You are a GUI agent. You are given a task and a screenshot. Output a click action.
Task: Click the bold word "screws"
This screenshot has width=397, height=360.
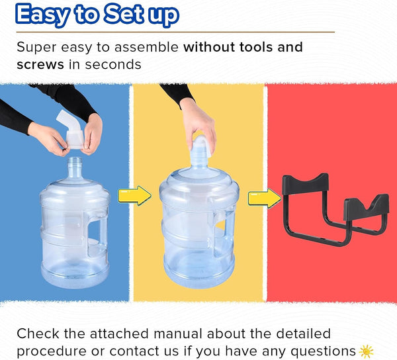pyautogui.click(x=40, y=65)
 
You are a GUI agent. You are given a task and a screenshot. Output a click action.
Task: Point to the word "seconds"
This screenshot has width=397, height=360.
pyautogui.click(x=113, y=65)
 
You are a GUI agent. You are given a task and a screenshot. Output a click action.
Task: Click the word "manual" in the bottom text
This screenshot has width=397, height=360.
pyautogui.click(x=178, y=334)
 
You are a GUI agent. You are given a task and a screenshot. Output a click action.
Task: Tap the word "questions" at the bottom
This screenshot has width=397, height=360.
pyautogui.click(x=323, y=351)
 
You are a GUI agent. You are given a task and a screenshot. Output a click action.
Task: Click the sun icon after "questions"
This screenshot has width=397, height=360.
pyautogui.click(x=366, y=351)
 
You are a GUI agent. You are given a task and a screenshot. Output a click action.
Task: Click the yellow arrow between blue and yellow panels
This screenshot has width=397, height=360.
pyautogui.click(x=135, y=195)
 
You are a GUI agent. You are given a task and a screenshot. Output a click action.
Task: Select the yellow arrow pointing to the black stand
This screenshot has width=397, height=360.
pyautogui.click(x=264, y=199)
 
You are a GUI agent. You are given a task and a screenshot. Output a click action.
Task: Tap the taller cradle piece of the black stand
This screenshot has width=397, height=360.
pyautogui.click(x=306, y=183)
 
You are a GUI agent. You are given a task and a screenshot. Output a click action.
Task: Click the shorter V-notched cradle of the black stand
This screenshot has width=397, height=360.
pyautogui.click(x=367, y=206)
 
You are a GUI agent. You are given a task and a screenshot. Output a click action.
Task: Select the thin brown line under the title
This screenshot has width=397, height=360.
pyautogui.click(x=175, y=32)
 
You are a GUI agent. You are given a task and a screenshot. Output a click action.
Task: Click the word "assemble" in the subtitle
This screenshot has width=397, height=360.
pyautogui.click(x=146, y=47)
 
